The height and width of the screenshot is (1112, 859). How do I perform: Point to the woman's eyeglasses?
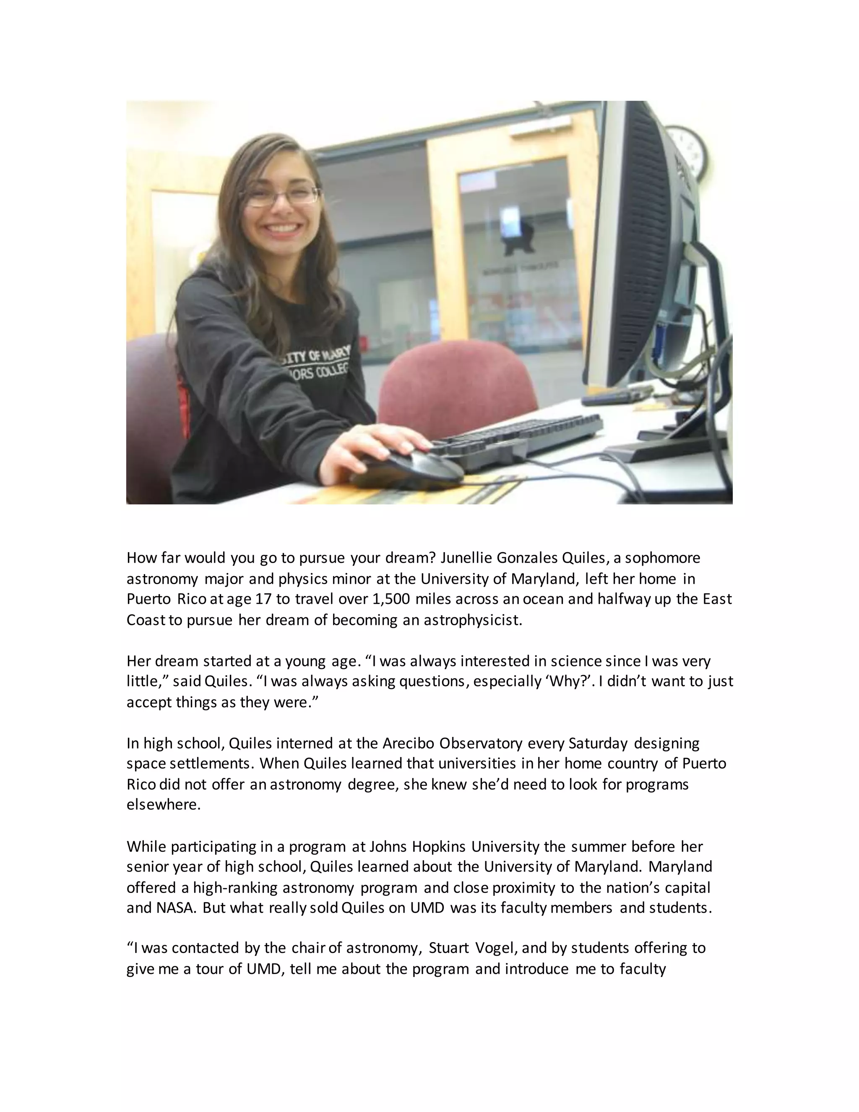(x=282, y=196)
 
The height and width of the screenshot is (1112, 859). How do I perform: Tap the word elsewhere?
(x=163, y=805)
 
